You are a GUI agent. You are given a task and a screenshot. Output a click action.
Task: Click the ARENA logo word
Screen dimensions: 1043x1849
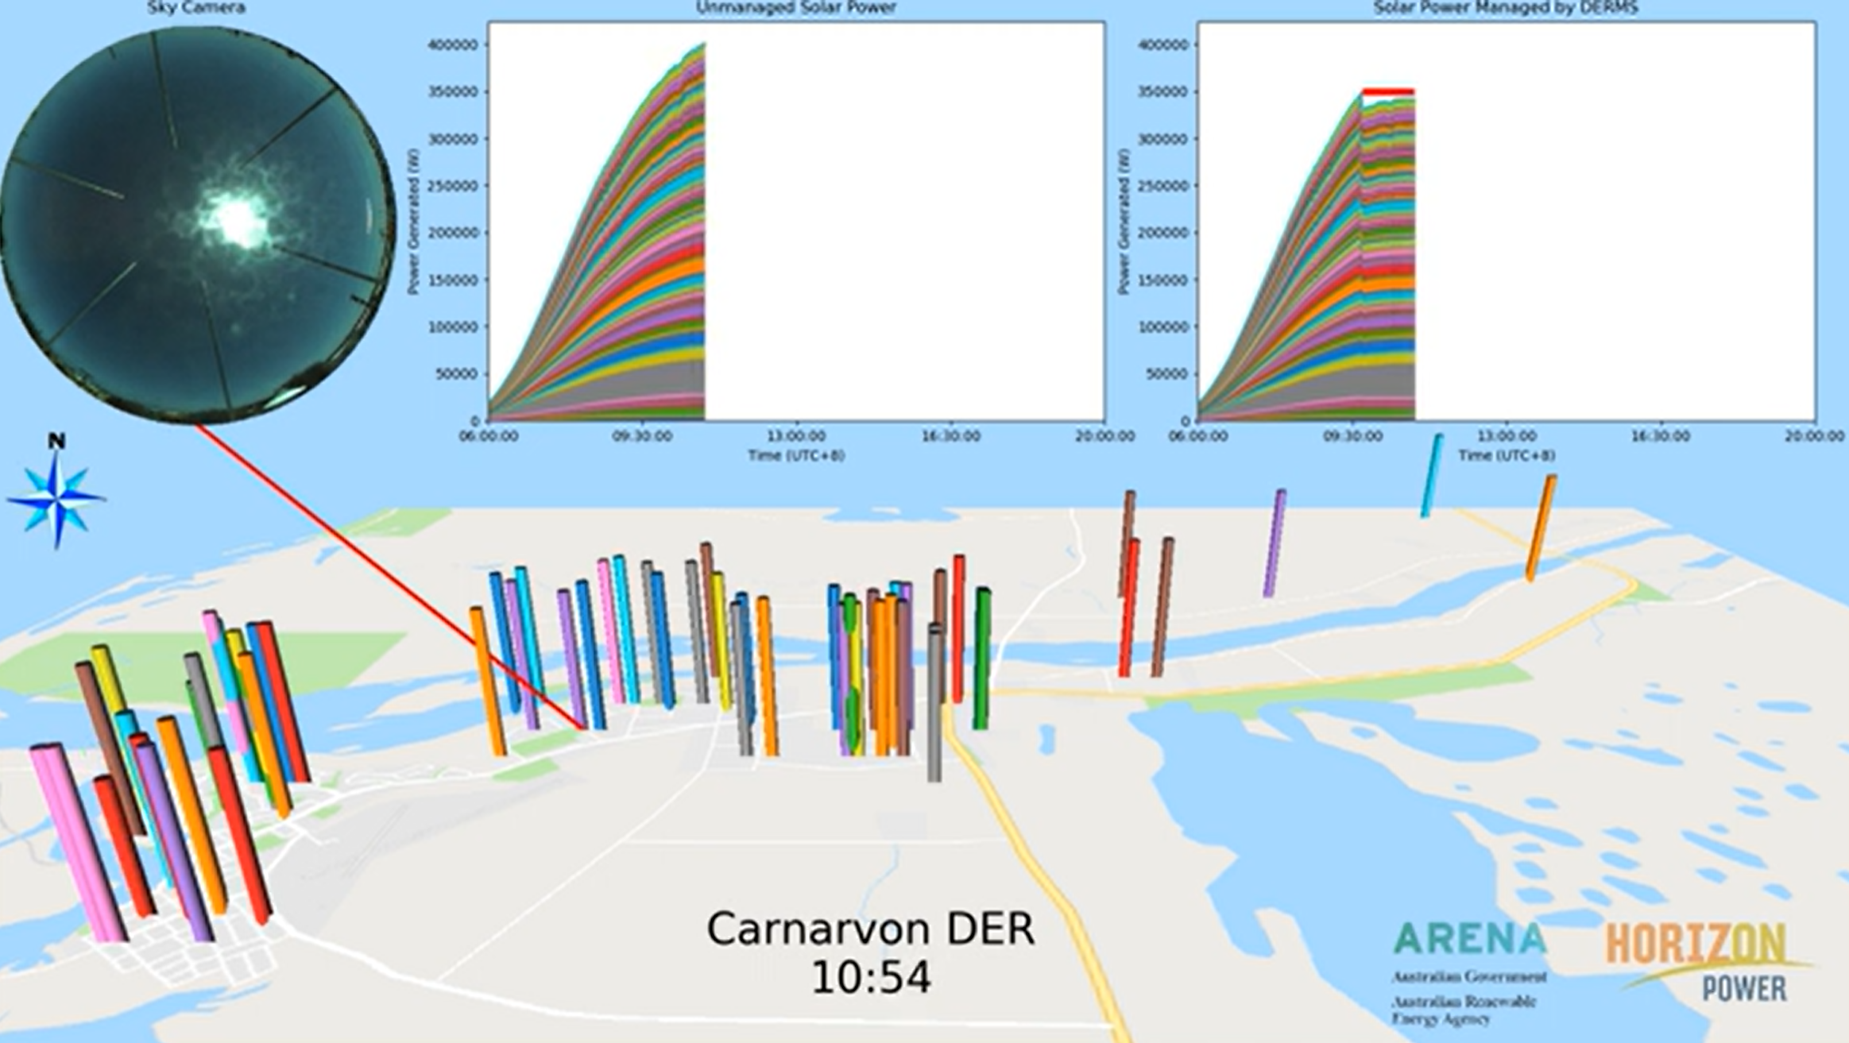pos(1469,940)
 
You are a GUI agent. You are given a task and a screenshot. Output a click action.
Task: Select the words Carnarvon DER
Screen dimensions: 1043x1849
pos(871,929)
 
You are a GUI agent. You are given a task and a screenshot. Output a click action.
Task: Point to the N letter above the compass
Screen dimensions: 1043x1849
pos(56,441)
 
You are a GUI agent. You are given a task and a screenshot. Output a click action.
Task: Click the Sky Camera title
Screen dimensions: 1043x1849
pos(195,8)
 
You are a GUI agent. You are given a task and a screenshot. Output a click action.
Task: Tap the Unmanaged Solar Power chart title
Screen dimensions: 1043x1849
pos(795,8)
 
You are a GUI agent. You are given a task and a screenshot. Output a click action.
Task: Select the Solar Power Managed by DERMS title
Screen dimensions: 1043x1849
pos(1506,8)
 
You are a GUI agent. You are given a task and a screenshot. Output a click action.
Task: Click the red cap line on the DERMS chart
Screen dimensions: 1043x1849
pos(1388,92)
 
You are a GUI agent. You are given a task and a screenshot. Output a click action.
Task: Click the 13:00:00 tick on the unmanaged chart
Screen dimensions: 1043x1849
pos(795,436)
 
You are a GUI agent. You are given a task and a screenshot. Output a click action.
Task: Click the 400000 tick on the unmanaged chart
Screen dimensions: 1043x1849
pos(453,45)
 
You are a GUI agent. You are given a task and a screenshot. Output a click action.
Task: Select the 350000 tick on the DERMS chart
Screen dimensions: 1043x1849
pos(1163,92)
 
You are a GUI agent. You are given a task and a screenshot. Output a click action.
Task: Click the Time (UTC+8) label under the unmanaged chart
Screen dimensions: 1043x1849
pos(795,456)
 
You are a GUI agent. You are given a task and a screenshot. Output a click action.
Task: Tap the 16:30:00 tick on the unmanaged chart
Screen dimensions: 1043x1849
pos(950,436)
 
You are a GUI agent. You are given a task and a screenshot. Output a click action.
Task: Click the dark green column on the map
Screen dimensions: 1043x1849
pos(982,659)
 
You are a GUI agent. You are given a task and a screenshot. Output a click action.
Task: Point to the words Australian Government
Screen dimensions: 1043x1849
pos(1468,976)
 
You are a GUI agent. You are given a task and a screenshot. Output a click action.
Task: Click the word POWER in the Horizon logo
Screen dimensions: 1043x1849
pos(1745,988)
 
